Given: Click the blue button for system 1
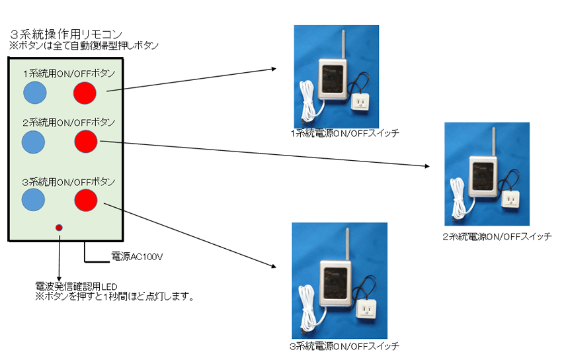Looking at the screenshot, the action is click(35, 93).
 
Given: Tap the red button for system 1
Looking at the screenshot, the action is click(85, 93).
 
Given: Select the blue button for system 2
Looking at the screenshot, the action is click(33, 142).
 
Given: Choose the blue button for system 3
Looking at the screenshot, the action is click(33, 200).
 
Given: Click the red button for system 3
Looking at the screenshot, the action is click(86, 200).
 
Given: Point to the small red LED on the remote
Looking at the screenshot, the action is click(59, 228).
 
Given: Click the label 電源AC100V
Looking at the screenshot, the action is click(137, 256).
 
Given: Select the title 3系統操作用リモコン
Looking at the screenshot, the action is click(66, 34).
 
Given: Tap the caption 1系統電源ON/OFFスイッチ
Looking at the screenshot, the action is click(344, 134).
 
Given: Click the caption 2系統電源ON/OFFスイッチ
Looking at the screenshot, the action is click(497, 237).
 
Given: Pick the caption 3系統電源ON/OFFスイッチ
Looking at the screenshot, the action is click(344, 346).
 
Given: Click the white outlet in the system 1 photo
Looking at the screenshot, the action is click(360, 103).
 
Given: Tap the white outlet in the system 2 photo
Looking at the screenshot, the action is click(510, 200).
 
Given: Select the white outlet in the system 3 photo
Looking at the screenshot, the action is click(366, 309).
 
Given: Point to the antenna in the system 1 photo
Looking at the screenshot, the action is click(342, 45).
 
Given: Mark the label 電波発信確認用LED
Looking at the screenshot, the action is click(76, 287).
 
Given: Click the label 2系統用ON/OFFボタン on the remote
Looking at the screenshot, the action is click(69, 122).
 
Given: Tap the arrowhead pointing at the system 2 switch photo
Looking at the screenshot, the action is click(427, 165).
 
